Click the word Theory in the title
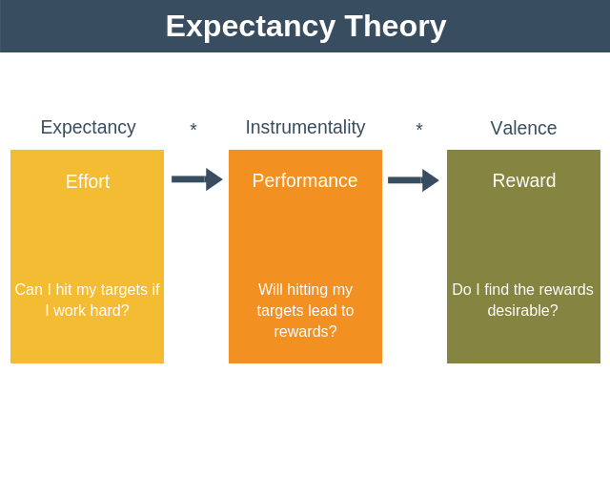pyautogui.click(x=395, y=26)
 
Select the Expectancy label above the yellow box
pyautogui.click(x=88, y=127)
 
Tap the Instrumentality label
pyautogui.click(x=305, y=127)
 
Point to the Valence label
pyautogui.click(x=523, y=128)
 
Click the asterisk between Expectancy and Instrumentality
pyautogui.click(x=193, y=129)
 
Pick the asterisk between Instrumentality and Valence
pyautogui.click(x=419, y=129)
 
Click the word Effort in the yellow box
pyautogui.click(x=88, y=181)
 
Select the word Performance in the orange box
pyautogui.click(x=305, y=180)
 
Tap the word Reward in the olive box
pyautogui.click(x=524, y=180)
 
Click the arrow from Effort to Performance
pyautogui.click(x=196, y=179)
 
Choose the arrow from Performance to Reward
pyautogui.click(x=413, y=180)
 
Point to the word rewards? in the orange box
pyautogui.click(x=305, y=332)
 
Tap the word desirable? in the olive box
pyautogui.click(x=522, y=311)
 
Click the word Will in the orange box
pyautogui.click(x=272, y=289)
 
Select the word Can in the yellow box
pyautogui.click(x=29, y=289)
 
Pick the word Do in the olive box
pyautogui.click(x=461, y=289)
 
